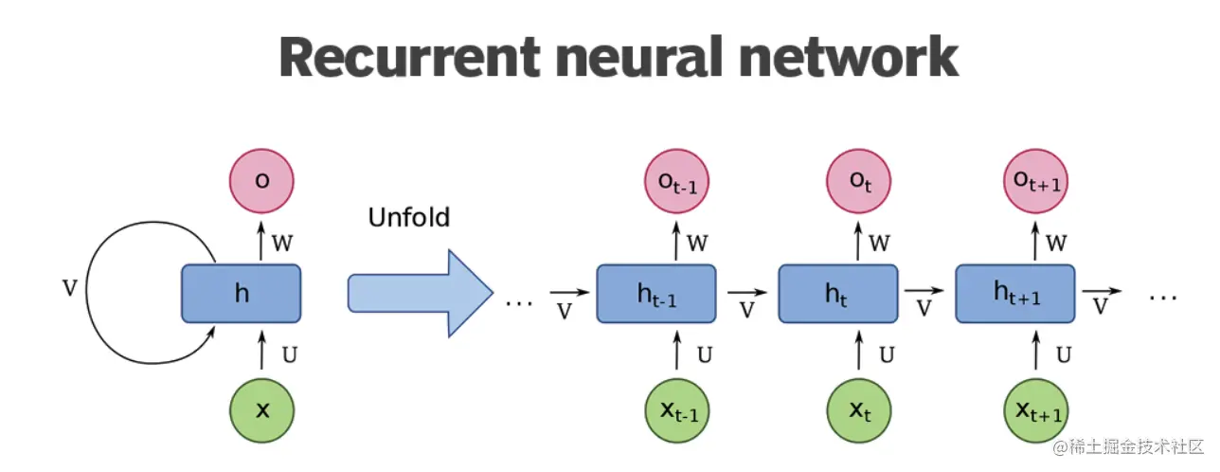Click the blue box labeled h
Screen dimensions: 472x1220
(x=242, y=294)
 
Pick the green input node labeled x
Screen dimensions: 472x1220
(x=262, y=410)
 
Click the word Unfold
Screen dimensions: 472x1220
(x=408, y=218)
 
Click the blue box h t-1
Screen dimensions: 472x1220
(x=656, y=295)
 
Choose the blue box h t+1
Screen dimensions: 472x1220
(x=1016, y=295)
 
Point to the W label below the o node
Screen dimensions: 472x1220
(x=282, y=243)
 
